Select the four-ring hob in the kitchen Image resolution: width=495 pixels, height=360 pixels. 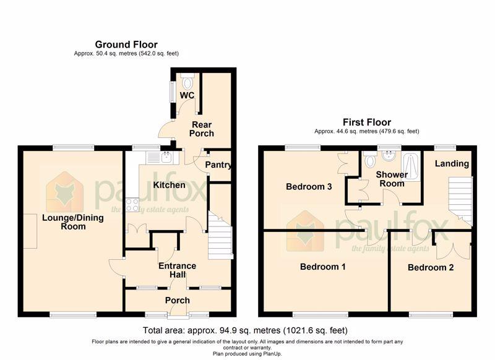132,205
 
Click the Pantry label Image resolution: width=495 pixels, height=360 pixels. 218,165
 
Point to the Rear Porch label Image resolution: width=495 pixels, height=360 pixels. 202,129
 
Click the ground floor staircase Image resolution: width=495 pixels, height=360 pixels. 220,235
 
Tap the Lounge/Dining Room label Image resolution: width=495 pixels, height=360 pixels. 73,222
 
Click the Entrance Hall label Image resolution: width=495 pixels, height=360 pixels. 177,270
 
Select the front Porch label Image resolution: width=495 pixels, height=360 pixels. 178,301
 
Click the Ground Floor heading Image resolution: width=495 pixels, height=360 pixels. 126,45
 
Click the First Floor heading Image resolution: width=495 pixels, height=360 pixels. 367,122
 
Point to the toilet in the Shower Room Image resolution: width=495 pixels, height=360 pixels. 369,160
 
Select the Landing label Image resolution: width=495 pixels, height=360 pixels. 452,163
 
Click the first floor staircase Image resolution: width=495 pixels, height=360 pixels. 460,201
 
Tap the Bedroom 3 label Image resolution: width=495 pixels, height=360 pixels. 309,186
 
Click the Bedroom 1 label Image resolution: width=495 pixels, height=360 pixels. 322,267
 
